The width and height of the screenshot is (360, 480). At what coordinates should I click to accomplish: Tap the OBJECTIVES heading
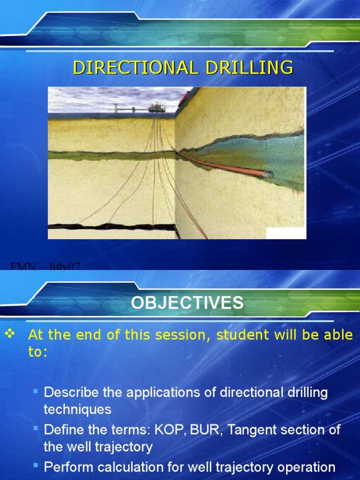click(187, 303)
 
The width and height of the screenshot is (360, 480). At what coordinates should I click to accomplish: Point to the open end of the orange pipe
click(268, 174)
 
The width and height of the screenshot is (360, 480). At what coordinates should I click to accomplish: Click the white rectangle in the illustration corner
click(285, 233)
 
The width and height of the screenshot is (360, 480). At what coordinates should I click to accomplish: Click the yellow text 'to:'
click(38, 352)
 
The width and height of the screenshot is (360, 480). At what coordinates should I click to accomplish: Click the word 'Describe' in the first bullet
click(71, 392)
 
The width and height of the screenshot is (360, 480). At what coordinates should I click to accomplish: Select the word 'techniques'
click(77, 409)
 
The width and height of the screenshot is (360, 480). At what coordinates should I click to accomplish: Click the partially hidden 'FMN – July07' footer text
click(45, 267)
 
